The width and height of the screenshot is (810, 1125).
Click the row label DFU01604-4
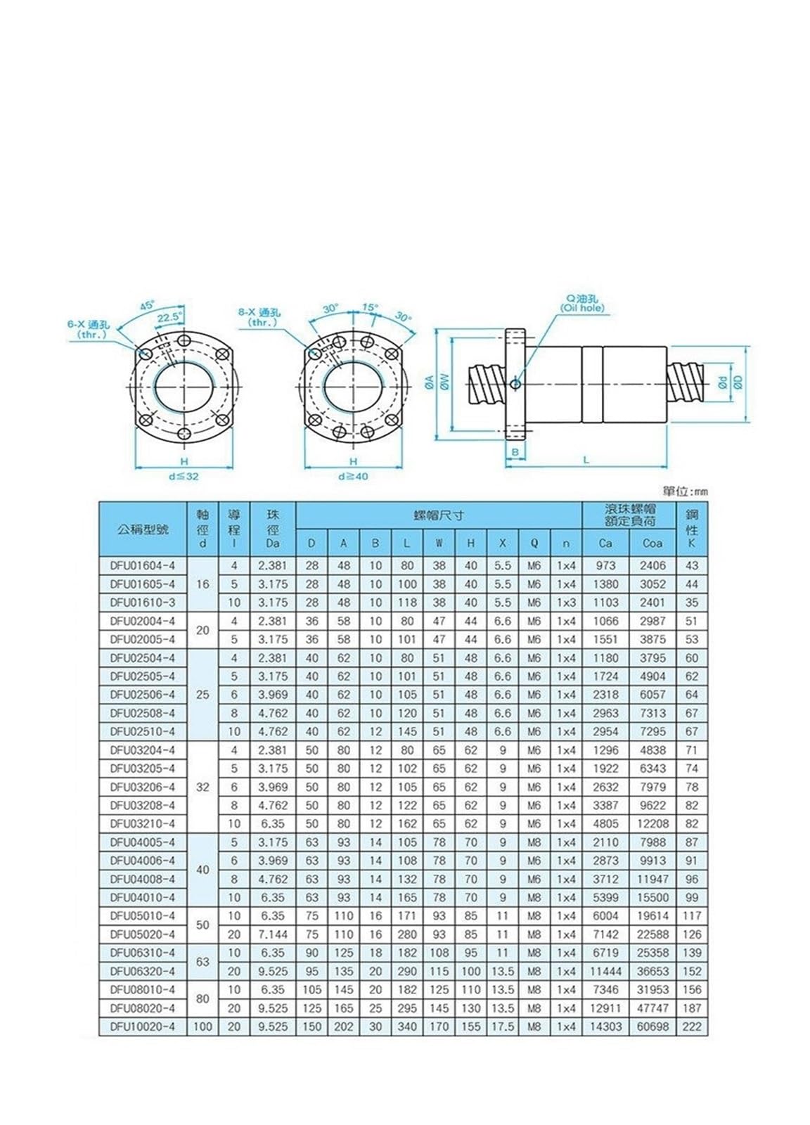pos(143,565)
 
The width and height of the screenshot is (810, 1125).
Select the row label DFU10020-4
pos(143,1027)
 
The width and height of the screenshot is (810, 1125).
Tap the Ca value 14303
pos(605,1027)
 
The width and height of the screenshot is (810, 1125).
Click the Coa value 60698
pos(652,1027)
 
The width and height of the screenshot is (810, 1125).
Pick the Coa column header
pos(652,543)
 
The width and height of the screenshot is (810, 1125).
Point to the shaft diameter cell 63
pos(202,962)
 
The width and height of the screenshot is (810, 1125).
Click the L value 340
pos(407,1027)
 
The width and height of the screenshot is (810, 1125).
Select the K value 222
pos(692,1027)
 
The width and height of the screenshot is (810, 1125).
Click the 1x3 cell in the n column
pos(566,603)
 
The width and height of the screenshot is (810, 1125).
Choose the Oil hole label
pos(581,309)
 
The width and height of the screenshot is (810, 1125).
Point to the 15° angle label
pos(370,307)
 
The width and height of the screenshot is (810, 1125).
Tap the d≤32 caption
pos(184,476)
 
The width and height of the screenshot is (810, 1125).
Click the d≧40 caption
pos(353,476)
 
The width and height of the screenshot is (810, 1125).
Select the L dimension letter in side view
pos(586,460)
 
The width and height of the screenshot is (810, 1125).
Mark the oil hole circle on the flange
pos(516,384)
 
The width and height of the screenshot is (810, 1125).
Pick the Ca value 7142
pos(605,934)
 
